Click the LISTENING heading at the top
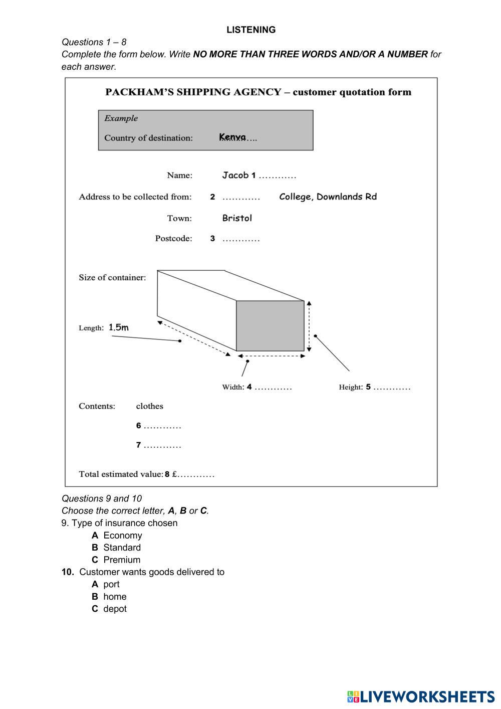coord(250,30)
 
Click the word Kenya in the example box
coord(232,137)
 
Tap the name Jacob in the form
coord(235,175)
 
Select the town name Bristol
coord(237,218)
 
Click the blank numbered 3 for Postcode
coord(241,239)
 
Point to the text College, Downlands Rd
coord(328,197)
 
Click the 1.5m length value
coord(119,327)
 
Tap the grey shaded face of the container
coord(270,326)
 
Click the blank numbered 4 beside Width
coord(273,388)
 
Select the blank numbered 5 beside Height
coord(392,388)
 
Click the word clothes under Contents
coord(149,406)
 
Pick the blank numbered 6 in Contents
coord(162,426)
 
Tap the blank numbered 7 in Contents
coord(162,445)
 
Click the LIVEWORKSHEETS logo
coord(420,696)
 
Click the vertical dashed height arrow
coord(309,326)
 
